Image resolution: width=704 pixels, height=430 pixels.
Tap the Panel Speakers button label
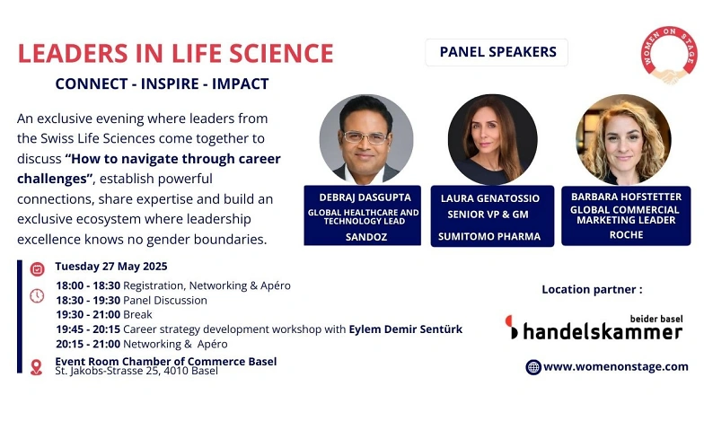[x=497, y=52]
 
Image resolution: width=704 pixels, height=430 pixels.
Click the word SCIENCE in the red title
[x=282, y=54]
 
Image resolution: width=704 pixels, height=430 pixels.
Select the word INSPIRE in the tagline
[x=170, y=84]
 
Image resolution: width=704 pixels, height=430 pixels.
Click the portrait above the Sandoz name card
[x=366, y=139]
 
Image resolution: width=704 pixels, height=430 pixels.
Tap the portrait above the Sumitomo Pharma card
[x=492, y=139]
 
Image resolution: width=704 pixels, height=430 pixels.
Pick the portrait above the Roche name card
[x=623, y=139]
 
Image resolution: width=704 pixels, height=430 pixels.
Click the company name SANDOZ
[x=366, y=237]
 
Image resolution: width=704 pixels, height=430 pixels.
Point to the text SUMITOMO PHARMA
[x=489, y=237]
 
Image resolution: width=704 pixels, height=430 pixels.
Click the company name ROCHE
[x=627, y=235]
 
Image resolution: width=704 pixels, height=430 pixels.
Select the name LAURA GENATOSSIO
[x=490, y=198]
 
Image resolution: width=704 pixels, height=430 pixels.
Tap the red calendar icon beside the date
[x=38, y=269]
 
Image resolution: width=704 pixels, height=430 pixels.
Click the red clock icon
[x=37, y=296]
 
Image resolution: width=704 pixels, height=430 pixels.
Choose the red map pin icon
[x=36, y=367]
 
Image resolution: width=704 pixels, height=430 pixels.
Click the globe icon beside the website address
[x=533, y=367]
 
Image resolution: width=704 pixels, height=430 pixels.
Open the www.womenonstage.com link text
[x=616, y=366]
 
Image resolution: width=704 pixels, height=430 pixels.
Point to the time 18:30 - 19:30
[x=88, y=300]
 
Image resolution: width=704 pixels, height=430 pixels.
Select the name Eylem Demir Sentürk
[x=406, y=329]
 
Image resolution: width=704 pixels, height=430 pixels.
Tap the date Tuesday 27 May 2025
[x=111, y=267]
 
